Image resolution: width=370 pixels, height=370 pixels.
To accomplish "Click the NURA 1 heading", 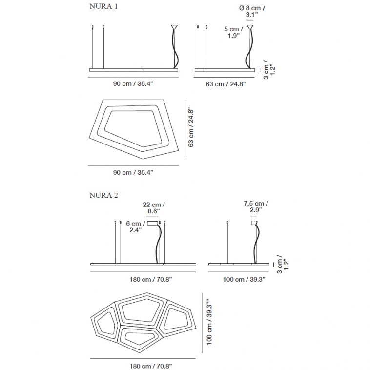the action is click(x=103, y=6).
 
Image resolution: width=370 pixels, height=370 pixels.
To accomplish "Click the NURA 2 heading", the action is click(x=103, y=195).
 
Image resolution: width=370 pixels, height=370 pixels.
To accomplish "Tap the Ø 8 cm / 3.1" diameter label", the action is click(x=252, y=11).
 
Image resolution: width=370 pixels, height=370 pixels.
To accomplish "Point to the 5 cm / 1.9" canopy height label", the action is click(x=233, y=32).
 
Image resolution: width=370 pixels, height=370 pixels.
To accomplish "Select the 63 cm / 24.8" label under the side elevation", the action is click(x=226, y=84).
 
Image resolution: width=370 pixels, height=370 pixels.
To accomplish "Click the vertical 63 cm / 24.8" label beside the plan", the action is click(x=191, y=128).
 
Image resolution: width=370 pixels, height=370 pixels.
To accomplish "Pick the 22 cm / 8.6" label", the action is click(x=154, y=208).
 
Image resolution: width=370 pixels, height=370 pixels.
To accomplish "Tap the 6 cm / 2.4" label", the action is click(x=135, y=227).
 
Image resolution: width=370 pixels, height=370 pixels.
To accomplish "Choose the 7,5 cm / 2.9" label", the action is click(x=256, y=206).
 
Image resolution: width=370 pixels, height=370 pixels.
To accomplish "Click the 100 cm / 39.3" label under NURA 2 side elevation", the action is click(x=244, y=279).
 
